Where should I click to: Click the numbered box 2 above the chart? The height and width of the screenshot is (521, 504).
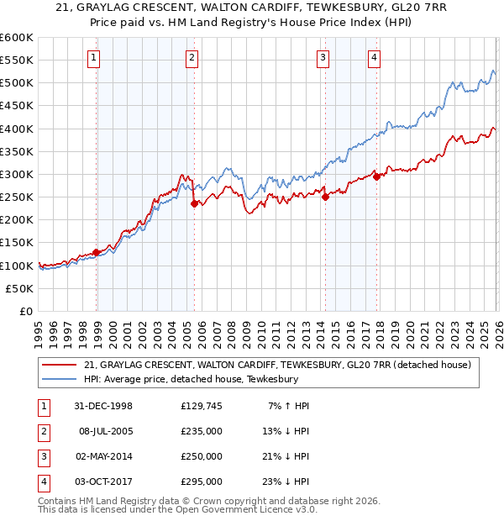pyautogui.click(x=192, y=58)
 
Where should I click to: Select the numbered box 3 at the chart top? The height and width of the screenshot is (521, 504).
pyautogui.click(x=323, y=58)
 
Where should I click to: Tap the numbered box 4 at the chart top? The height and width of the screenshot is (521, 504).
pyautogui.click(x=374, y=58)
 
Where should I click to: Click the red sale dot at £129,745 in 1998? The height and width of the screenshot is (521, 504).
pyautogui.click(x=97, y=251)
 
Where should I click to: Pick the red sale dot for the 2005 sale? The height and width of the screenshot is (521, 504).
pyautogui.click(x=194, y=203)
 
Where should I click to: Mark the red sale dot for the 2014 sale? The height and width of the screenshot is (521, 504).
pyautogui.click(x=325, y=197)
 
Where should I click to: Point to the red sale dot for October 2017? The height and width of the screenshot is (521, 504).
pyautogui.click(x=375, y=176)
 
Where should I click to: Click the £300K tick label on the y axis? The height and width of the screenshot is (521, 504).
pyautogui.click(x=17, y=174)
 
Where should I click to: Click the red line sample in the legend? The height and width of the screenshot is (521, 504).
pyautogui.click(x=60, y=365)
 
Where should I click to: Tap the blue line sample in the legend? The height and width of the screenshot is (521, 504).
pyautogui.click(x=60, y=379)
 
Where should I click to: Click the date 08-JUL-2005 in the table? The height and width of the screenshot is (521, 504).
pyautogui.click(x=106, y=431)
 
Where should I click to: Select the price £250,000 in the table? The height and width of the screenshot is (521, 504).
pyautogui.click(x=201, y=456)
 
